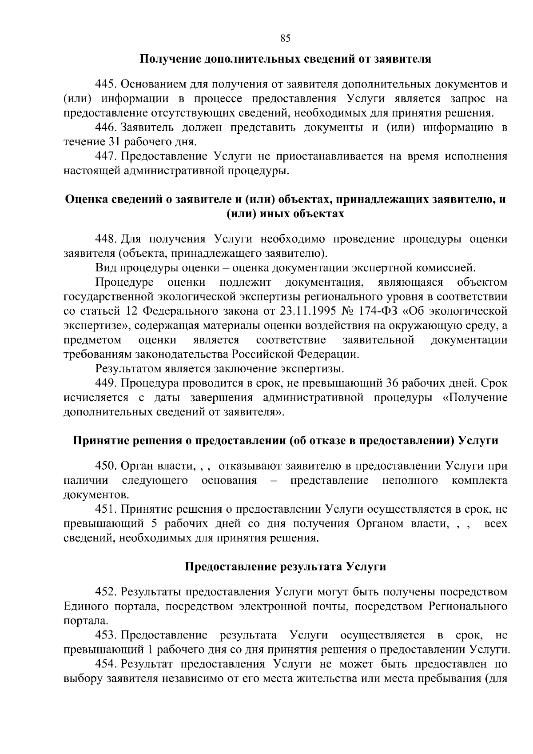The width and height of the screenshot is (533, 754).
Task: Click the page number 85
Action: [x=285, y=38]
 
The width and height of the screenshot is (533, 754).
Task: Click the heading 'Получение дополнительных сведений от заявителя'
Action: [x=286, y=59]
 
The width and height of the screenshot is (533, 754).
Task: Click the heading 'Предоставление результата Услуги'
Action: [x=285, y=567]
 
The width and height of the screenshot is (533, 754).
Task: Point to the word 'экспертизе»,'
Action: [x=95, y=326]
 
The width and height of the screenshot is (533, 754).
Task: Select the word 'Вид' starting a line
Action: [x=104, y=268]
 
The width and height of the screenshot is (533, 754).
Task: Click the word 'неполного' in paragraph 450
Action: [x=410, y=481]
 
